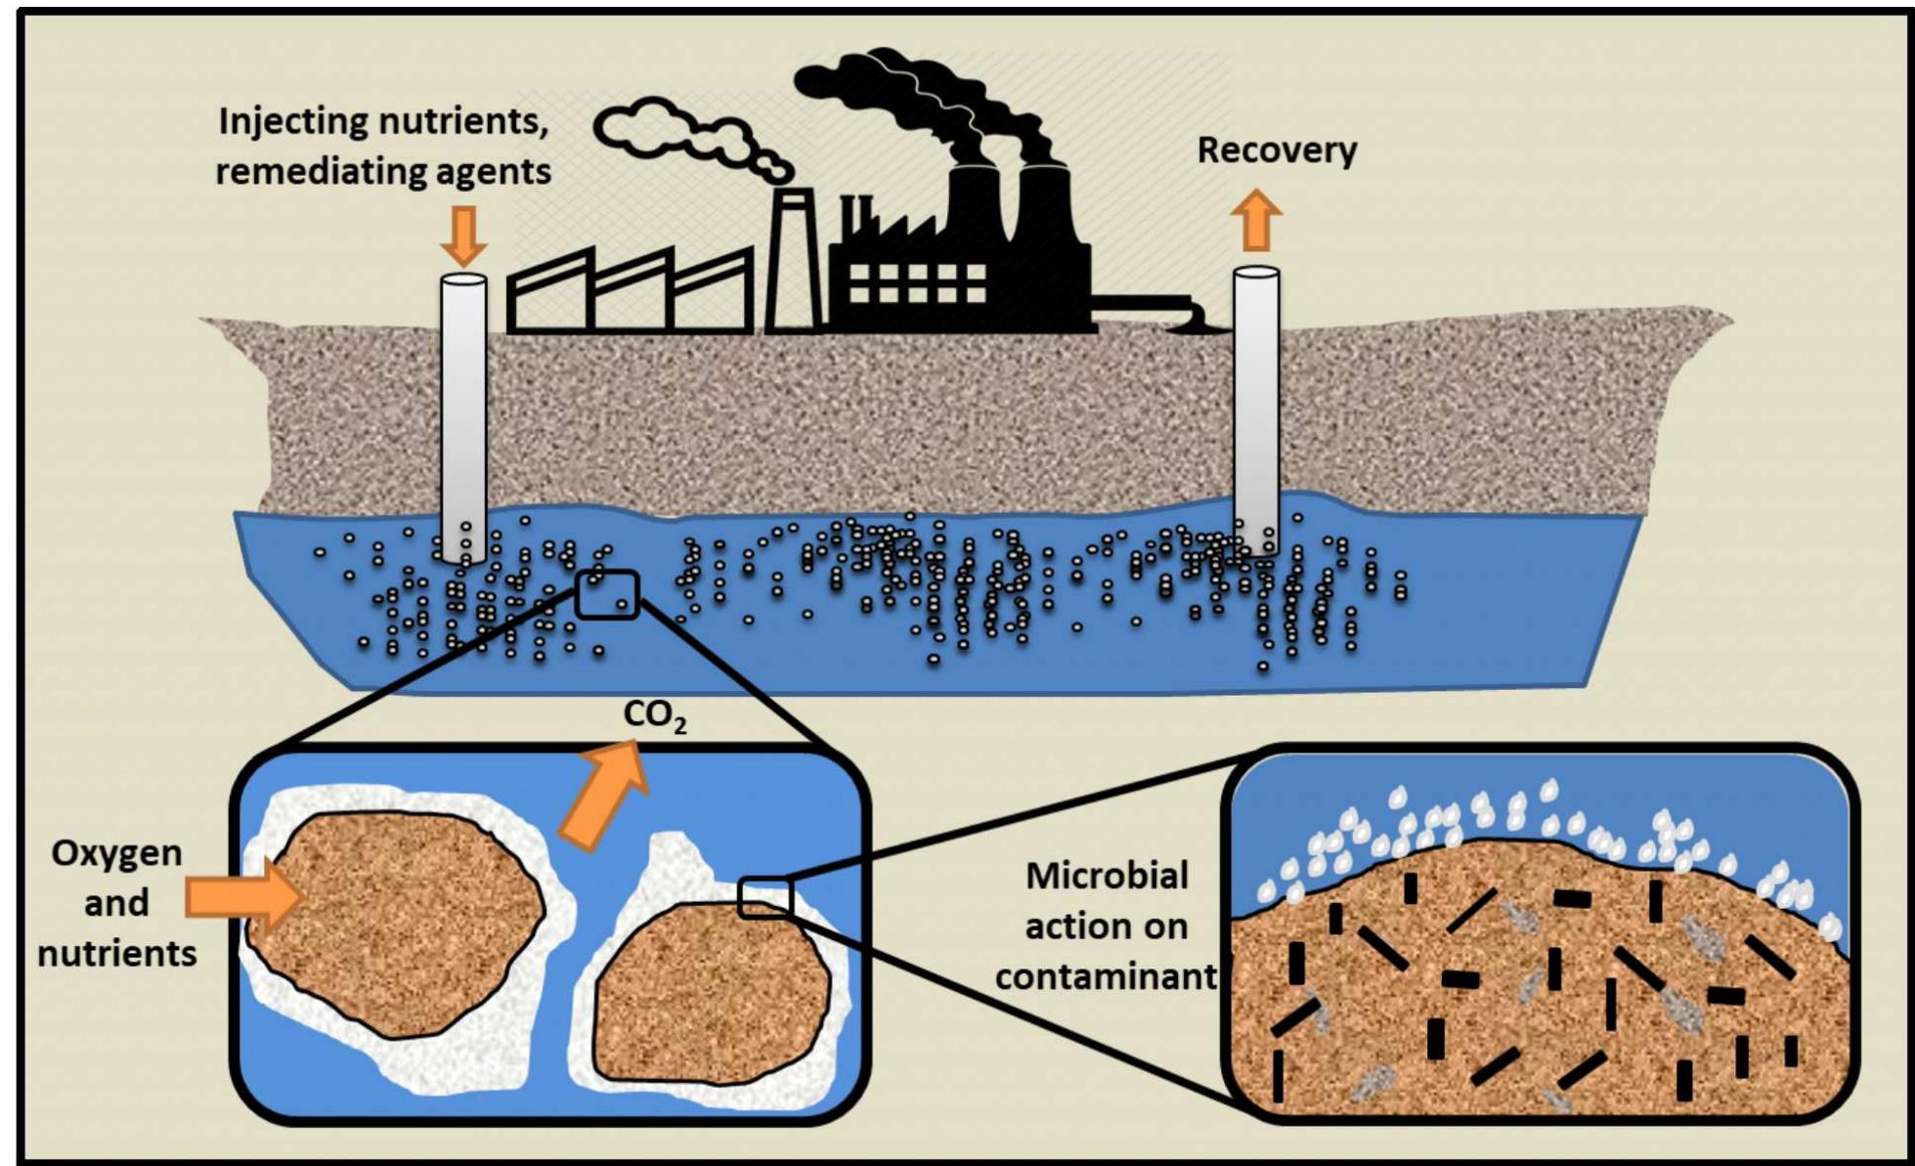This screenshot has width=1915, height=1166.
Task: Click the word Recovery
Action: click(1277, 151)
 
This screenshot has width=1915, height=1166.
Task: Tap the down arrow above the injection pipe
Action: click(463, 236)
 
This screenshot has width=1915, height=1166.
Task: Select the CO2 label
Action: click(654, 715)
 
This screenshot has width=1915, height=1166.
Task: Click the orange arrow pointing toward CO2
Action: click(605, 794)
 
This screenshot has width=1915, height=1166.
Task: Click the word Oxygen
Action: click(116, 853)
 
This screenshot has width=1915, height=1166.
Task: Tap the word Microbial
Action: click(1107, 876)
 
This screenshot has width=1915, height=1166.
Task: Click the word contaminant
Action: click(1107, 976)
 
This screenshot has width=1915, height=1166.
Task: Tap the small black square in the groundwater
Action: click(607, 594)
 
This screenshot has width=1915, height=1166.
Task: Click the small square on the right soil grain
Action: click(763, 898)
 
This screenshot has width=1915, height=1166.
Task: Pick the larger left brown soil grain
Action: click(396, 924)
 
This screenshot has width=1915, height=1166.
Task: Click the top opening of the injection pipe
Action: click(463, 281)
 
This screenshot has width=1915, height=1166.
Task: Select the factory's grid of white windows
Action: click(916, 281)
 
